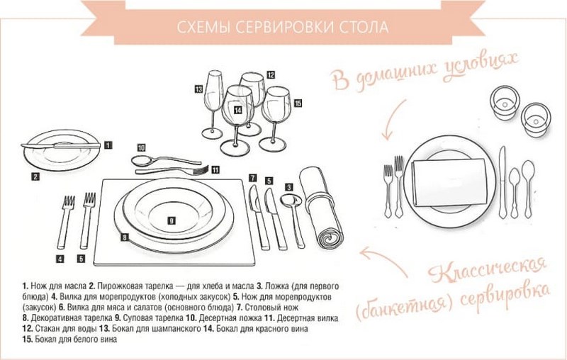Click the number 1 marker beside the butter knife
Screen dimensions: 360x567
coord(108,145)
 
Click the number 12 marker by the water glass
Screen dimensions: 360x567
coord(271,74)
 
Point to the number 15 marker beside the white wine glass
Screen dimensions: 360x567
coord(297,103)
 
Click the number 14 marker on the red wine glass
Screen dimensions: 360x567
coord(237,110)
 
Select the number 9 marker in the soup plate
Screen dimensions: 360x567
coord(171,220)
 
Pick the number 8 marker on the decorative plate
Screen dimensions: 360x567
coord(124,236)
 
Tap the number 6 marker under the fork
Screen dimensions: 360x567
coord(82,258)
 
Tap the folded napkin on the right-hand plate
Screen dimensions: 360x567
coord(449,181)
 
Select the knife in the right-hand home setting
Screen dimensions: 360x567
coord(503,180)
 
